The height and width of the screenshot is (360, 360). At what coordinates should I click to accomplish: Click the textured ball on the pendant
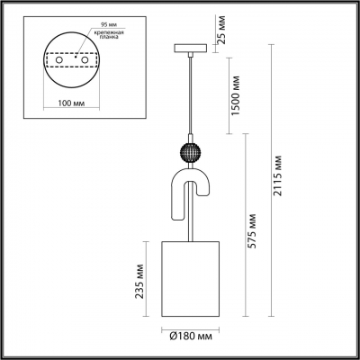tap(190, 151)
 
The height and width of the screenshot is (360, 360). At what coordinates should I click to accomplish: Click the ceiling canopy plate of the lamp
tap(190, 47)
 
